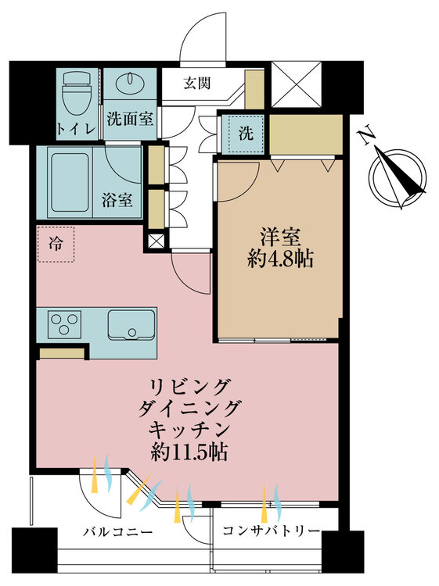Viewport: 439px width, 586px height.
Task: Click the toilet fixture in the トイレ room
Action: (77, 94)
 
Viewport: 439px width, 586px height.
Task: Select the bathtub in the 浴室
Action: (70, 182)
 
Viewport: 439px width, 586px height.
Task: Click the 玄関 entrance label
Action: (197, 83)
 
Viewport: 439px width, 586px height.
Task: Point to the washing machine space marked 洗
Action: (246, 134)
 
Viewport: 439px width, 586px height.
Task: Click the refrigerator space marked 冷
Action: (56, 244)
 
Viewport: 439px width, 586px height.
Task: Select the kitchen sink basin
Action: (131, 325)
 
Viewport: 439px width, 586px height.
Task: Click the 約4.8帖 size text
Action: (280, 259)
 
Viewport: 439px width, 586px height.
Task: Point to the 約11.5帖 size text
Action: (189, 452)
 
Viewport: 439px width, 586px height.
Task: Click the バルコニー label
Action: (118, 531)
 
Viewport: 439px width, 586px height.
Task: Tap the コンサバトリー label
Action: (272, 531)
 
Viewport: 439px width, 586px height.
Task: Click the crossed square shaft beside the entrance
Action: (296, 84)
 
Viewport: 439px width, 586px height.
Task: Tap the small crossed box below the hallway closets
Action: (156, 241)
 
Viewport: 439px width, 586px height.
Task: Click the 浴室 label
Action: (117, 200)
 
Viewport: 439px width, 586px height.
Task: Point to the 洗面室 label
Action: (130, 119)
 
